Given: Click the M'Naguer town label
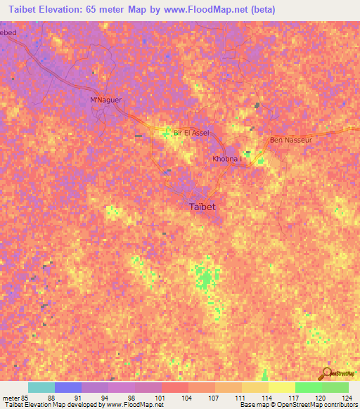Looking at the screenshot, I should click(106, 100).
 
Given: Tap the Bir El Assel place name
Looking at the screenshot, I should click(192, 133).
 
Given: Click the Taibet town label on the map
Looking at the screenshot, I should click(202, 207).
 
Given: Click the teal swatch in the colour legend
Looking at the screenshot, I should click(41, 387).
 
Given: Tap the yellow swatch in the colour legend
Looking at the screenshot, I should click(281, 387).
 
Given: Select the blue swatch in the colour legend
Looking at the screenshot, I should click(67, 387).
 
